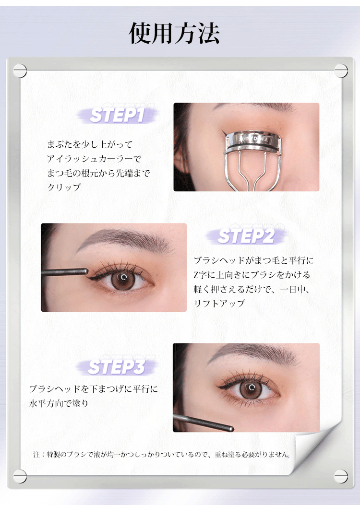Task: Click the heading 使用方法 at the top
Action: (x=174, y=33)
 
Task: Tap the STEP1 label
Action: (x=117, y=115)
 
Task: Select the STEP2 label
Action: (x=246, y=236)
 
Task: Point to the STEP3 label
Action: (x=117, y=367)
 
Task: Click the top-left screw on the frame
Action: (x=20, y=70)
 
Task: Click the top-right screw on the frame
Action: (x=341, y=70)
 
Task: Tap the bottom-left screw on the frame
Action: (x=20, y=476)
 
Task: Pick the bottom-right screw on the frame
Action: (x=341, y=476)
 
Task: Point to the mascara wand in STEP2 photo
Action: (x=64, y=272)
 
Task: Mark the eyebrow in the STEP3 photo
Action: (x=254, y=353)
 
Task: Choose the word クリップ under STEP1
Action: (x=64, y=187)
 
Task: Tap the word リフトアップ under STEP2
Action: (x=219, y=303)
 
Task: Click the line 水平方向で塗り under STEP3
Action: (x=59, y=403)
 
